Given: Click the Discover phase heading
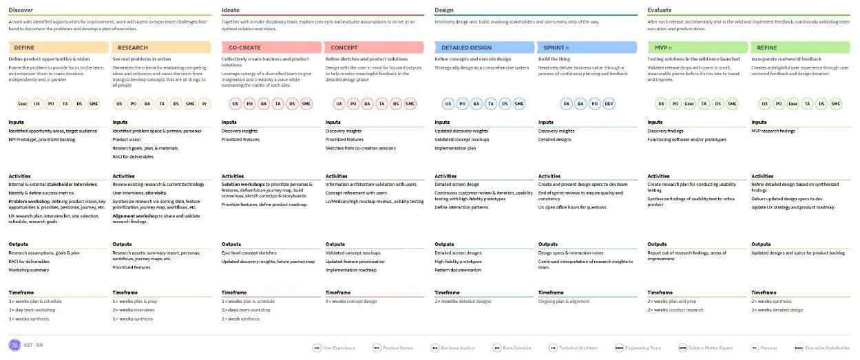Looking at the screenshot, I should click(21, 10).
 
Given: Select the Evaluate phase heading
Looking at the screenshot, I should click(659, 10).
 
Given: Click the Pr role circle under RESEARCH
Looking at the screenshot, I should click(204, 104).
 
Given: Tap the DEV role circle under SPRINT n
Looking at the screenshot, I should click(609, 104).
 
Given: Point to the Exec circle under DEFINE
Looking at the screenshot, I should click(23, 104).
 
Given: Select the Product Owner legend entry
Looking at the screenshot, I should click(393, 348).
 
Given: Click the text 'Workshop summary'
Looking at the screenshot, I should click(29, 270).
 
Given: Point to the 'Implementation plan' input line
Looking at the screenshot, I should click(455, 147).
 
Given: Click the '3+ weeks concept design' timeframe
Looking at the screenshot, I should click(351, 301).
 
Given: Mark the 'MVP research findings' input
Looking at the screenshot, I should click(773, 131).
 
